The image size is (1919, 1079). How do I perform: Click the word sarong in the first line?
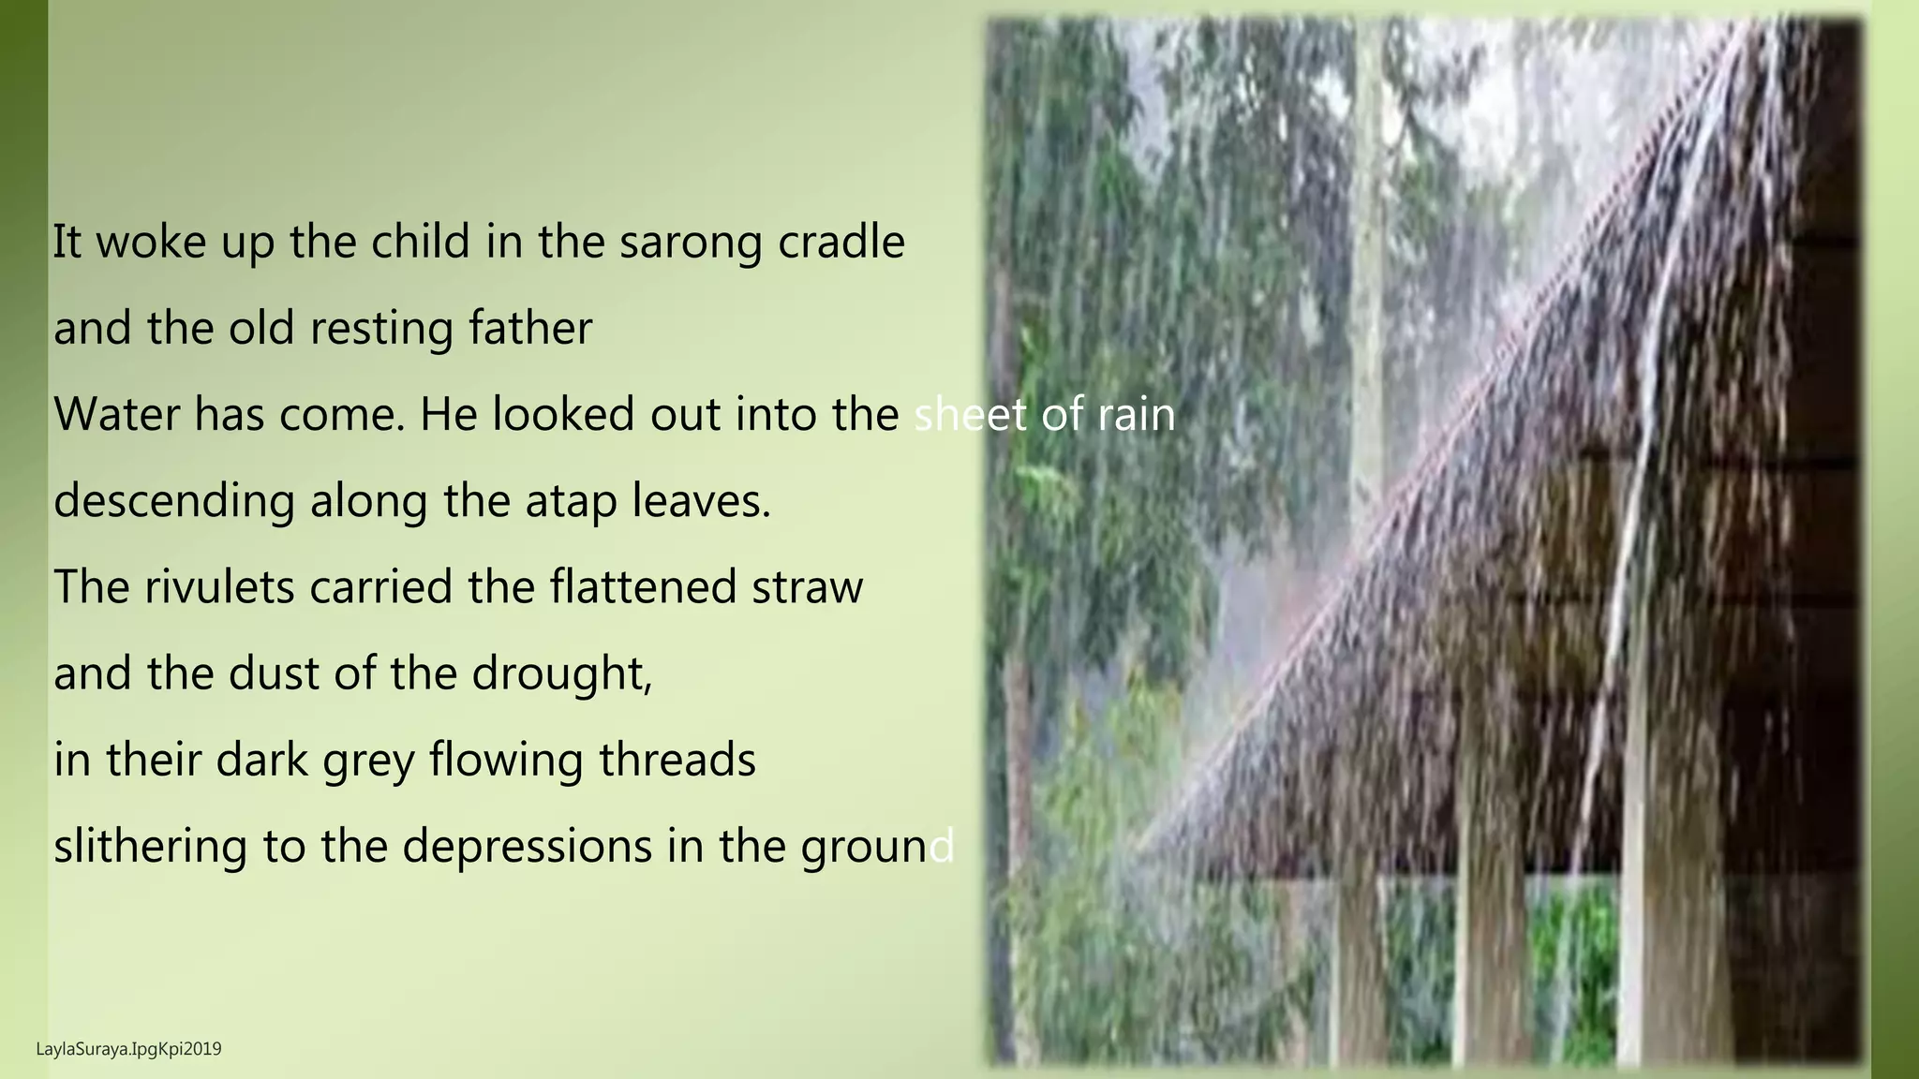pyautogui.click(x=691, y=243)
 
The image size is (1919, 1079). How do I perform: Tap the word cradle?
pyautogui.click(x=841, y=242)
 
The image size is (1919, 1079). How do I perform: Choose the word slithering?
pyautogui.click(x=150, y=846)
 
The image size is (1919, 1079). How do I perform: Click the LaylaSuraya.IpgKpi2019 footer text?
pyautogui.click(x=128, y=1049)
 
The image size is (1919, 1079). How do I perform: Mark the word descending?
pyautogui.click(x=174, y=501)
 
